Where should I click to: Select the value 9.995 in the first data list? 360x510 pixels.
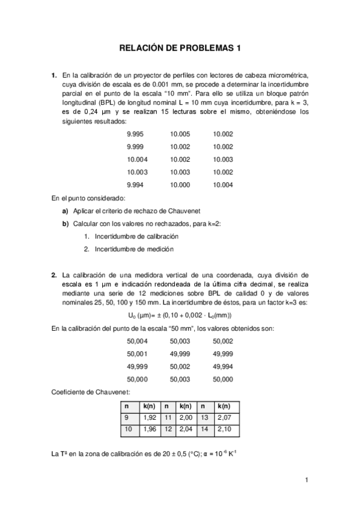pos(135,134)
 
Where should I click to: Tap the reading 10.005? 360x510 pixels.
pos(180,134)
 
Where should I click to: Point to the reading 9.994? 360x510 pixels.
pos(135,185)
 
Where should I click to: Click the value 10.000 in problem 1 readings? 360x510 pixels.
pos(180,185)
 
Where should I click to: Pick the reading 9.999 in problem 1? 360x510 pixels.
pos(135,147)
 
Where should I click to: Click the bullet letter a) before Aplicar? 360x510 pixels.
pos(65,211)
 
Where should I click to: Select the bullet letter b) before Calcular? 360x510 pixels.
pos(65,224)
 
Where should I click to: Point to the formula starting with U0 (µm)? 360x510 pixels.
pos(180,315)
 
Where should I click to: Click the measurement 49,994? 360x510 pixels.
pos(223,366)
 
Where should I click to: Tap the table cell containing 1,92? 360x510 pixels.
pos(149,417)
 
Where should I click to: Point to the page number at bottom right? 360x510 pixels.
pos(306,480)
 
